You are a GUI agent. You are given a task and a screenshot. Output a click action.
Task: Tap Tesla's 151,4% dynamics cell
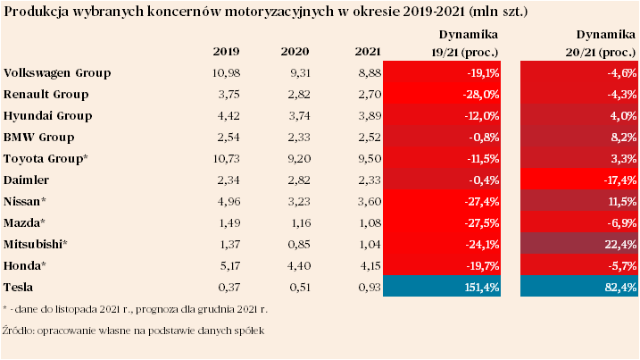pos(478,286)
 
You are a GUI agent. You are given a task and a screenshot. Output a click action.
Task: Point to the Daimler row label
pos(29,180)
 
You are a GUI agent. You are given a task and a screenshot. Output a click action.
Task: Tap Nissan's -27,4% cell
pos(480,201)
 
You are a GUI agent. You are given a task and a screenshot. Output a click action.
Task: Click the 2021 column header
pos(368,51)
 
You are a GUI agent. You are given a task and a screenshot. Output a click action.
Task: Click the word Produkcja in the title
pos(38,13)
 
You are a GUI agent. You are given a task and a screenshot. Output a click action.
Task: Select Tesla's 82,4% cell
pos(618,286)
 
